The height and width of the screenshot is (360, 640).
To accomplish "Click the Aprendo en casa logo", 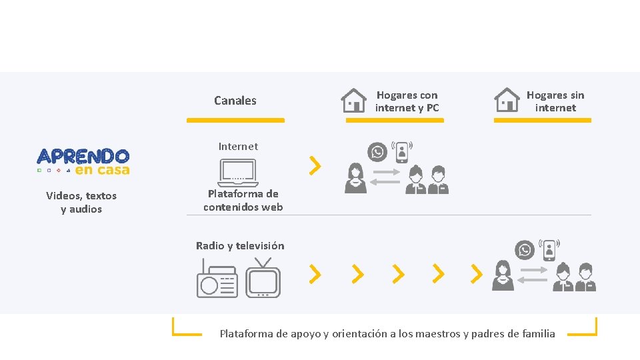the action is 83,161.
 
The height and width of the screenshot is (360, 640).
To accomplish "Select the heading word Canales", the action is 235,101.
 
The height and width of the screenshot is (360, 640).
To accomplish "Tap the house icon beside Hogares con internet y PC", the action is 353,101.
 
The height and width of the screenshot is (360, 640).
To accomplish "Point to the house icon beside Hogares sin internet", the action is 507,100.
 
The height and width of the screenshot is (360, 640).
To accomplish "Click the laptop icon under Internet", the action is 237,173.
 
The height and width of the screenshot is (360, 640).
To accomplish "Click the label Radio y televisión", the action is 240,246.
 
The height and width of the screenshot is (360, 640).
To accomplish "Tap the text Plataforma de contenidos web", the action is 243,201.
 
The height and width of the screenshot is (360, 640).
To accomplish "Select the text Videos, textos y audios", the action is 81,203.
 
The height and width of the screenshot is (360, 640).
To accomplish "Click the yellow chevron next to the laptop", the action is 315,166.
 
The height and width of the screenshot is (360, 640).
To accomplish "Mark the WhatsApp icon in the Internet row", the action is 378,153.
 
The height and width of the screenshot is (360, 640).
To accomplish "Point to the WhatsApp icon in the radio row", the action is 525,251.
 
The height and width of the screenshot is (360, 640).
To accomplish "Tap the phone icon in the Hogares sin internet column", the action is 549,250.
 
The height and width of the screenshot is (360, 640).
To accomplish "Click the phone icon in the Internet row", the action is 402,151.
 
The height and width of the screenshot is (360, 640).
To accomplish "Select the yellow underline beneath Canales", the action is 235,121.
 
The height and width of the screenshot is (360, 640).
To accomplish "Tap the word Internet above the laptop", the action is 238,147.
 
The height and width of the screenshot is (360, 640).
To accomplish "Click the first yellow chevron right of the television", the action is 315,273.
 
